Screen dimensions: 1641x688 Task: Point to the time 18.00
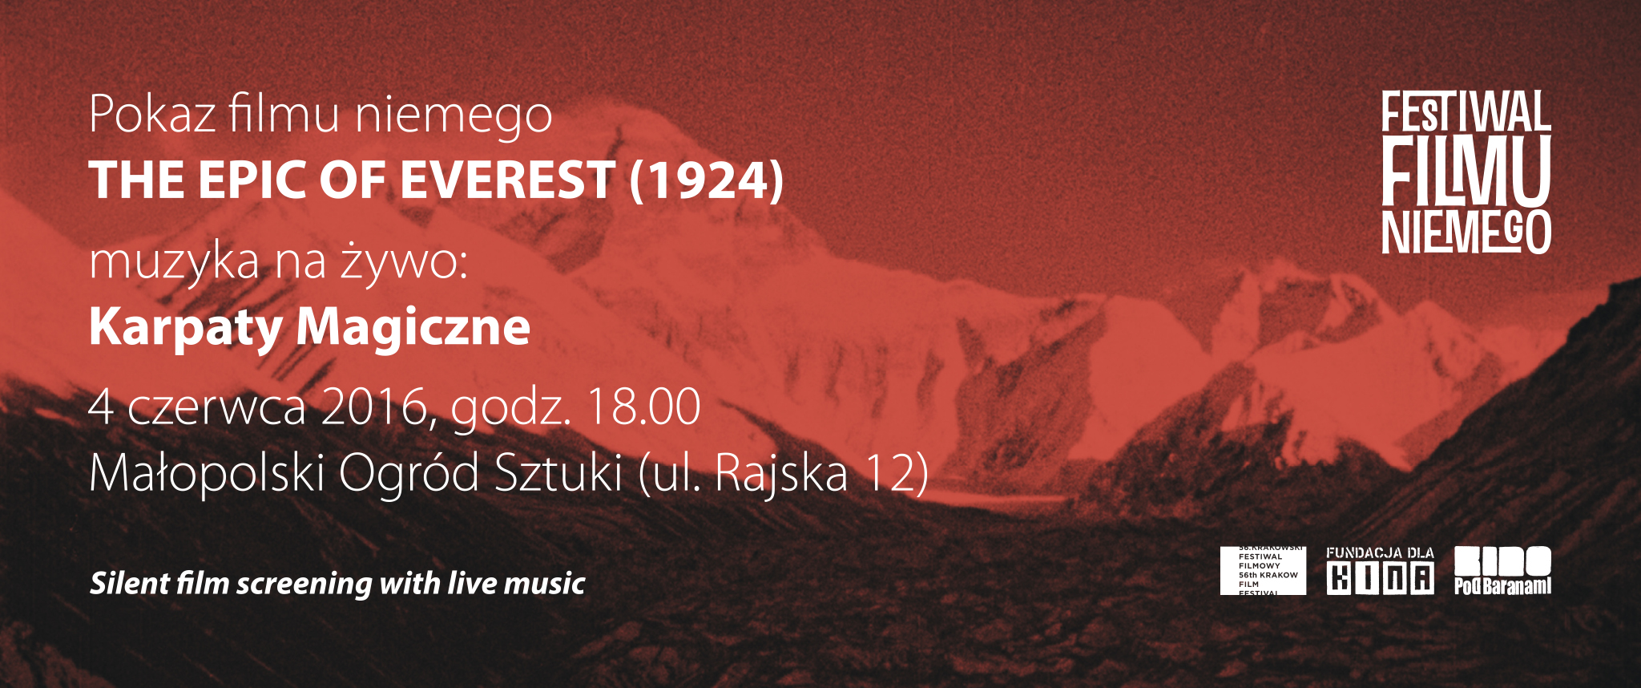(x=644, y=407)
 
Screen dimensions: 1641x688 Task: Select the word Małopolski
(x=207, y=473)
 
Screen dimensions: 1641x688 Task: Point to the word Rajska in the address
(x=780, y=473)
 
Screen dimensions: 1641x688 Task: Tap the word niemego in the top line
(x=454, y=117)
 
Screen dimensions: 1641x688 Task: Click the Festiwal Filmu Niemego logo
(x=1466, y=172)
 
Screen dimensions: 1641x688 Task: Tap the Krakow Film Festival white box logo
(x=1263, y=571)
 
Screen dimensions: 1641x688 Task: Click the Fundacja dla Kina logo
(x=1381, y=571)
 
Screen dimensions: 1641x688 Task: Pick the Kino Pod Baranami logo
(x=1503, y=571)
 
